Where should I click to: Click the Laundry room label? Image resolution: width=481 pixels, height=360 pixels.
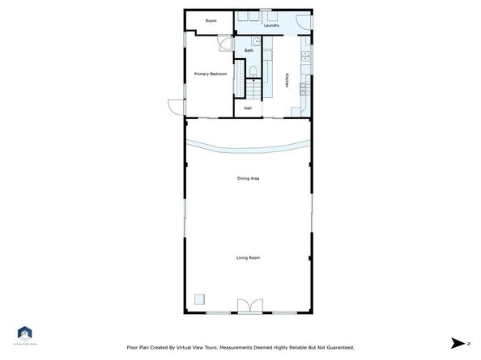(271, 25)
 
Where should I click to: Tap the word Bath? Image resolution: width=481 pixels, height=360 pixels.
(249, 51)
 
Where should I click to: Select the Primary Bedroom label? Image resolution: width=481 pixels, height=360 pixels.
(210, 74)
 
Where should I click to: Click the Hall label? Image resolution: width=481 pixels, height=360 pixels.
(248, 108)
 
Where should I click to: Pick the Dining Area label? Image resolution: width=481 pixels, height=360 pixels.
(248, 178)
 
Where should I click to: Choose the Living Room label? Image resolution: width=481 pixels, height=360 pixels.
(248, 257)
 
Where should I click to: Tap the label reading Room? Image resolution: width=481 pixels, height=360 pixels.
(211, 20)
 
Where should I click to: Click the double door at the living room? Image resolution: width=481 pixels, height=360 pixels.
(248, 306)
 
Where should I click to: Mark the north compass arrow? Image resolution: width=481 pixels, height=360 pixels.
(458, 342)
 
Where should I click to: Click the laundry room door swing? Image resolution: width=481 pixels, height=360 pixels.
(300, 23)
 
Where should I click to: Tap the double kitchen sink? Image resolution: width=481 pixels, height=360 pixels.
(305, 56)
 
